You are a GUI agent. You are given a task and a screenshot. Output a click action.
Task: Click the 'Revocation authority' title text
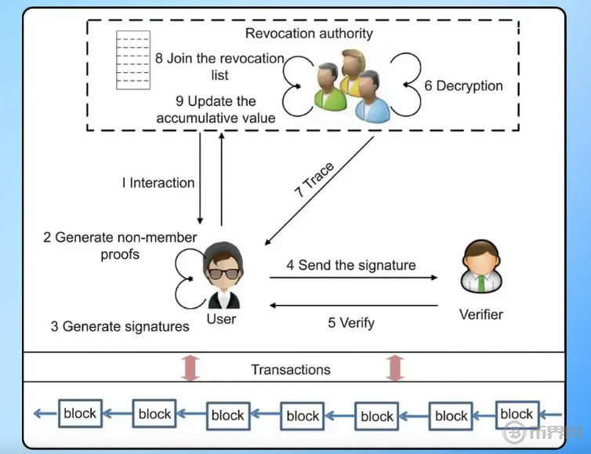pos(309,33)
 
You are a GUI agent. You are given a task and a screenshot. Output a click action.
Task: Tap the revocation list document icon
pos(133,60)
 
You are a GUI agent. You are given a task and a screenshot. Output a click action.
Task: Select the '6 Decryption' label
pos(464,85)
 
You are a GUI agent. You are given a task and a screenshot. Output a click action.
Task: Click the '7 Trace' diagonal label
pos(315,180)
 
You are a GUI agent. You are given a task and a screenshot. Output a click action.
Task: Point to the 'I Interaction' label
pos(158,183)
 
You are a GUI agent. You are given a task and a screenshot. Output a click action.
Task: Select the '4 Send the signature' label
pos(350,265)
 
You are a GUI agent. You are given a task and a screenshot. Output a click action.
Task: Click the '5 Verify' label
pos(351,322)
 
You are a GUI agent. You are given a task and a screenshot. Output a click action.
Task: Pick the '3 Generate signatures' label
pos(120,326)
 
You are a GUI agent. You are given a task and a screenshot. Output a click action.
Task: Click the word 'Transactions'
pos(291,369)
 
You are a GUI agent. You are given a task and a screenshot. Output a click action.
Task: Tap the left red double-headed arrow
pos(190,368)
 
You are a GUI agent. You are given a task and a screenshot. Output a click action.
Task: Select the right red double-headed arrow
pos(394,368)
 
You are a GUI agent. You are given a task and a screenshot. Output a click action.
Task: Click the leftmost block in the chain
pos(80,413)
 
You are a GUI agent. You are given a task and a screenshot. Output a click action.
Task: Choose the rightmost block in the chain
pos(517,413)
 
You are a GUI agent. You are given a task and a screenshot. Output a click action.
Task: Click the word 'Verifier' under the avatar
pos(480,314)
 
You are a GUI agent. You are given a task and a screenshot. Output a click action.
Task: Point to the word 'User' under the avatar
pos(221,319)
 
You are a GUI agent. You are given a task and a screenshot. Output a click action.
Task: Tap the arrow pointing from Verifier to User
pos(354,306)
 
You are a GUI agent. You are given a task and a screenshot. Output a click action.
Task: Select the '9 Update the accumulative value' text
pos(216,110)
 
